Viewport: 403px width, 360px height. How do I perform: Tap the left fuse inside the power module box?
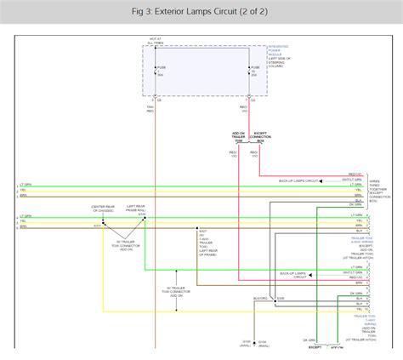click(156, 71)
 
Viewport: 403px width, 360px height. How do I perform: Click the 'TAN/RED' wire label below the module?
click(150, 108)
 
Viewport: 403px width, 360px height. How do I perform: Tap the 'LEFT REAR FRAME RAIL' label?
click(135, 209)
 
